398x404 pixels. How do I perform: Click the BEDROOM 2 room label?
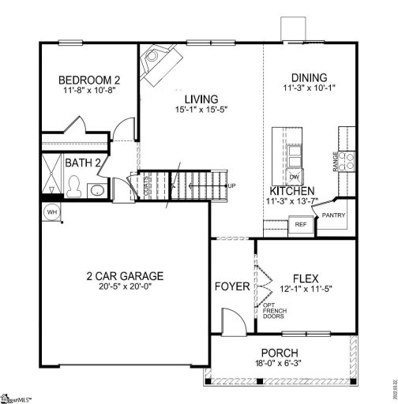pyautogui.click(x=90, y=80)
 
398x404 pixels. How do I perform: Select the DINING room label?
pyautogui.click(x=309, y=77)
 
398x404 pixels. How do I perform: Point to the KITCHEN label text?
pyautogui.click(x=293, y=191)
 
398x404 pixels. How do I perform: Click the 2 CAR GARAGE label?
pyautogui.click(x=125, y=276)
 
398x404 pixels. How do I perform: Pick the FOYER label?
pyautogui.click(x=232, y=285)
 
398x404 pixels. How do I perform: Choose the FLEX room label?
pyautogui.click(x=305, y=279)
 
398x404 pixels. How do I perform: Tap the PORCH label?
pyautogui.click(x=280, y=352)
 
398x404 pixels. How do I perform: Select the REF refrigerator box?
pyautogui.click(x=300, y=225)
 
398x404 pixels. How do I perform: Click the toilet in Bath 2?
pyautogui.click(x=74, y=185)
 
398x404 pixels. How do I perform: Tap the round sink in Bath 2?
pyautogui.click(x=95, y=190)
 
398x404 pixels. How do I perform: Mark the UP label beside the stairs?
pyautogui.click(x=231, y=186)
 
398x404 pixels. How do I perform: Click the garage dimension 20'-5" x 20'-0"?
pyautogui.click(x=125, y=289)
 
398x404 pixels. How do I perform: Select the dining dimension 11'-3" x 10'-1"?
pyautogui.click(x=309, y=89)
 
